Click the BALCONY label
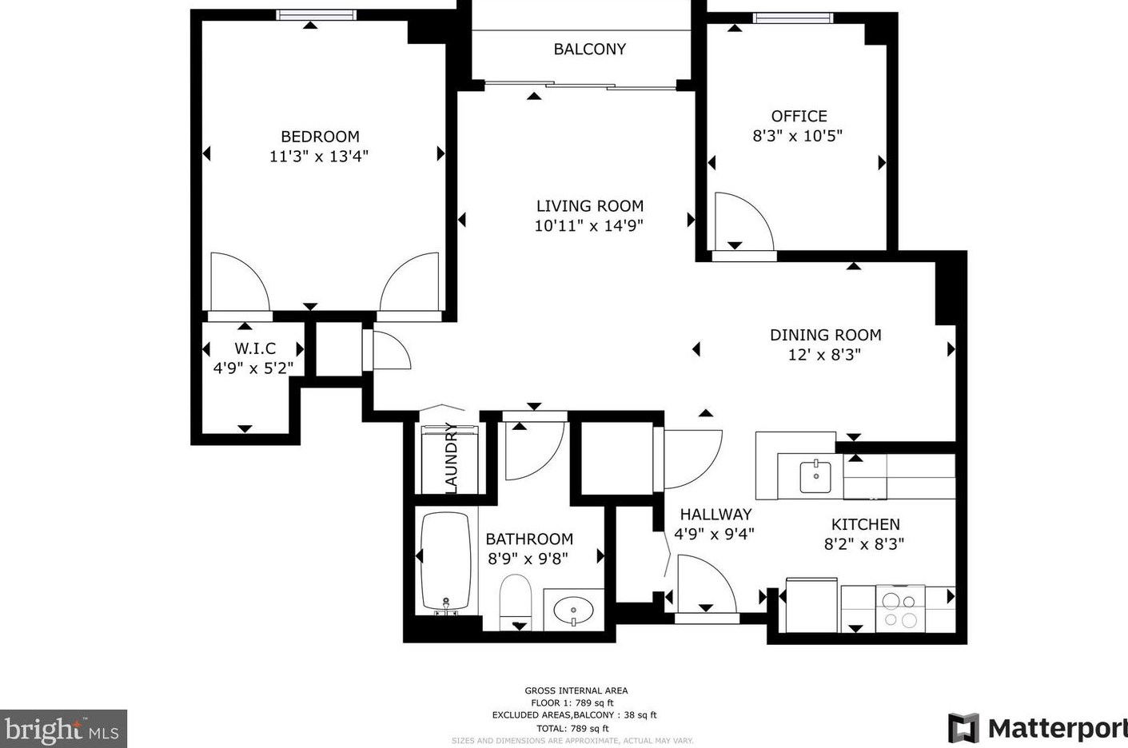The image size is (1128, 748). tap(590, 49)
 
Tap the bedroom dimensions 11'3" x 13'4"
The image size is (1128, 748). tap(319, 157)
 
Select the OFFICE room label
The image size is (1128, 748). tap(799, 117)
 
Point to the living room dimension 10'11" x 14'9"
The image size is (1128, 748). tap(588, 225)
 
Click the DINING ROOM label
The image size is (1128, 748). tap(826, 335)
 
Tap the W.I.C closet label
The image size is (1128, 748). tap(255, 348)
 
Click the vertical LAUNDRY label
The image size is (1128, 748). tap(452, 458)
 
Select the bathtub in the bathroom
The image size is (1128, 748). tap(445, 563)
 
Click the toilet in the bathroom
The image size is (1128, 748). tap(516, 602)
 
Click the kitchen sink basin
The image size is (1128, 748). tap(815, 476)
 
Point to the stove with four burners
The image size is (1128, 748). tap(900, 609)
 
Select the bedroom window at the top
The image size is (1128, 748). tap(317, 15)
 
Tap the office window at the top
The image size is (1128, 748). tap(793, 18)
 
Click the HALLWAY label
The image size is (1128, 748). tap(715, 515)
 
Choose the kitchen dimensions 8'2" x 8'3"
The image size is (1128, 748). tap(864, 544)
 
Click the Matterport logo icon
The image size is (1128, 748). tap(963, 728)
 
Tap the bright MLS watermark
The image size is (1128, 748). tap(63, 729)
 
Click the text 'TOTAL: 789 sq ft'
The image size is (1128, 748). tap(572, 728)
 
